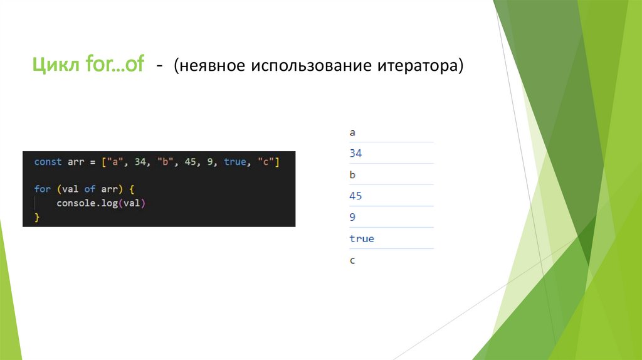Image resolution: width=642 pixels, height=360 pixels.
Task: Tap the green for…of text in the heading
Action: tap(115, 65)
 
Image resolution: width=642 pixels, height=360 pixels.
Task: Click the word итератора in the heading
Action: tap(418, 65)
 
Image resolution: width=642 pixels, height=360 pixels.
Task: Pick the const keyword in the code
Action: tap(48, 162)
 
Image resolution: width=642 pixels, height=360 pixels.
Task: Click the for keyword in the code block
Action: tap(42, 189)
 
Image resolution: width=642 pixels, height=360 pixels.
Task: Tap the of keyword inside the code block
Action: tap(90, 189)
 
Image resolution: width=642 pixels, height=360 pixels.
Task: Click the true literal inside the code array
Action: tap(234, 162)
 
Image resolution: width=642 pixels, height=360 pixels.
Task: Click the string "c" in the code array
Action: tap(267, 162)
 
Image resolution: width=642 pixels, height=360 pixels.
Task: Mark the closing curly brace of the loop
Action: tap(37, 217)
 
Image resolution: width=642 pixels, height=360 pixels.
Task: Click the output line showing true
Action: tap(362, 238)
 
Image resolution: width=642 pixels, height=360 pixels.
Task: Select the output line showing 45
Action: tap(355, 196)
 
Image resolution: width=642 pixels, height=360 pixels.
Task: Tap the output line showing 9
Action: tap(352, 217)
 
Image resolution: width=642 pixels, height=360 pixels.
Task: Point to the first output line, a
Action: tap(352, 132)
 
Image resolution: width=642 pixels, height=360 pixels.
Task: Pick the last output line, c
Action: tap(352, 260)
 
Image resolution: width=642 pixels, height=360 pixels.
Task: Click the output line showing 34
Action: tap(355, 153)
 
